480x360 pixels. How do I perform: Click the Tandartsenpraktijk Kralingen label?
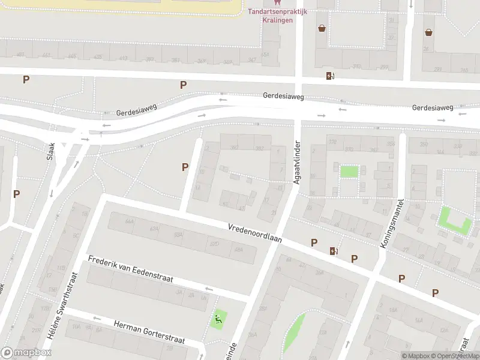click(278, 16)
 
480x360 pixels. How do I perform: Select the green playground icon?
click(218, 319)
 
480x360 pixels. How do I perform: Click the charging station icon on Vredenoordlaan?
click(334, 251)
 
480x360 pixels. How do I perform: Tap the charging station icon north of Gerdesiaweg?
click(329, 76)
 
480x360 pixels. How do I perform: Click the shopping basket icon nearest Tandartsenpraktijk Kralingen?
click(322, 28)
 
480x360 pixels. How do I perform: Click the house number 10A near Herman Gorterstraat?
click(76, 327)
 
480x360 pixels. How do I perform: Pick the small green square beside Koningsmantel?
click(349, 171)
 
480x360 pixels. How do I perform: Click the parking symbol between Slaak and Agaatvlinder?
click(185, 167)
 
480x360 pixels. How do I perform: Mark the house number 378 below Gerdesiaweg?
click(332, 141)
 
